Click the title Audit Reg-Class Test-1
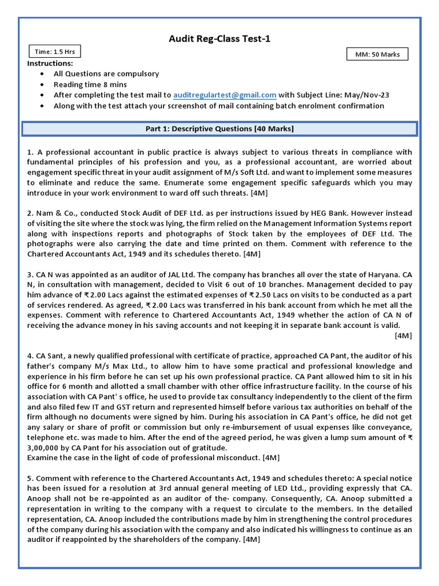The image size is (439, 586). (219, 39)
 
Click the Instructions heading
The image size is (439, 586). (50, 63)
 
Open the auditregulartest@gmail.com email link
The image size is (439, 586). (225, 95)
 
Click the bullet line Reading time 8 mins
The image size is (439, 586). (85, 84)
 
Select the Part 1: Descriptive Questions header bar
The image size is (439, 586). (219, 129)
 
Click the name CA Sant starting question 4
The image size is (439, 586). (50, 355)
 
